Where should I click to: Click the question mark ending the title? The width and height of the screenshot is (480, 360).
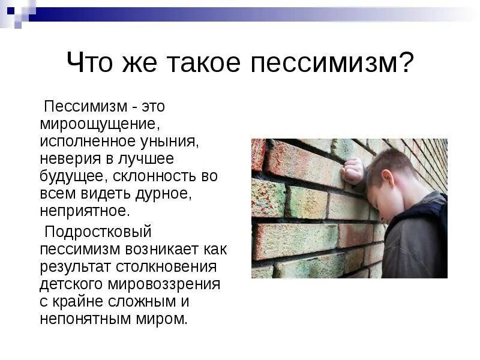(406, 63)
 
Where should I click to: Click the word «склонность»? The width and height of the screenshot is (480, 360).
(154, 177)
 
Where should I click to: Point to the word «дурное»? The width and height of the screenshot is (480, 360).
(169, 194)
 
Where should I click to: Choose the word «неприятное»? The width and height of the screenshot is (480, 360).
(85, 211)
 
